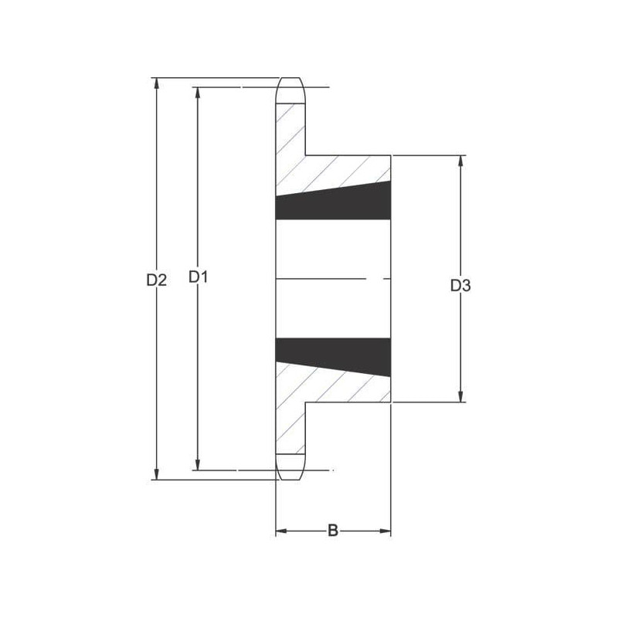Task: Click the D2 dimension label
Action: (x=157, y=280)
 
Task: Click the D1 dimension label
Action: (x=198, y=277)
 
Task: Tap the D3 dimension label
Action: (x=460, y=285)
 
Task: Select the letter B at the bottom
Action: (x=333, y=531)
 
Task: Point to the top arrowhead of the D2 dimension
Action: (x=157, y=83)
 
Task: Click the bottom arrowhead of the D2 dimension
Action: (x=157, y=474)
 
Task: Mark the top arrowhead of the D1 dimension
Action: (x=198, y=93)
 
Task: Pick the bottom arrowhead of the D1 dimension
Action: (x=198, y=465)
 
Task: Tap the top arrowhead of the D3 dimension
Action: (x=460, y=161)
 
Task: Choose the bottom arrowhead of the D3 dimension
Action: (x=460, y=396)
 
